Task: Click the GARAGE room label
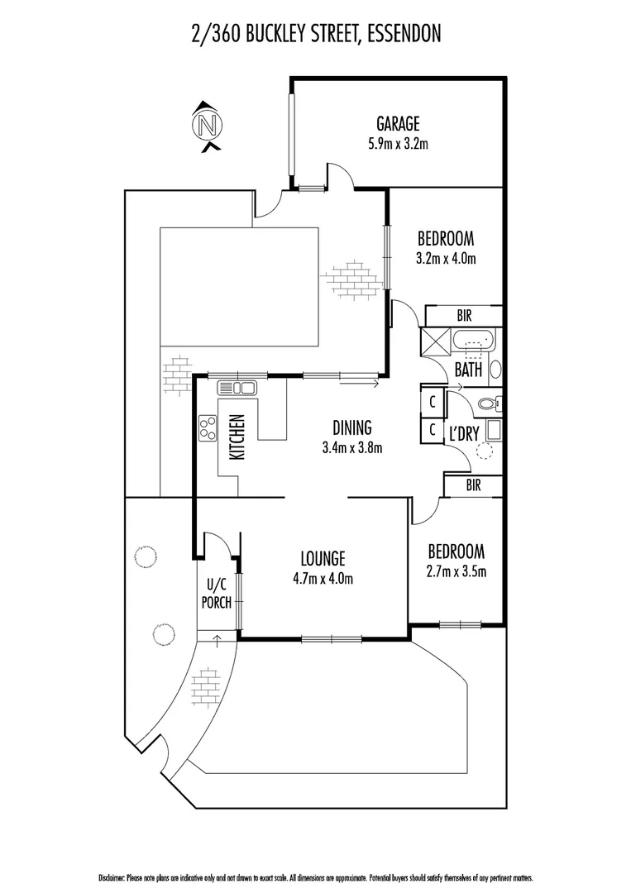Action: (398, 124)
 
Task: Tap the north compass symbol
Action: (208, 127)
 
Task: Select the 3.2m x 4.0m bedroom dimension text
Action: (445, 258)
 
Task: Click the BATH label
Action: (468, 370)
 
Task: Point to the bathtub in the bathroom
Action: (472, 341)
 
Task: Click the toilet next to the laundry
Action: (489, 404)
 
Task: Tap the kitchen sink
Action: (237, 387)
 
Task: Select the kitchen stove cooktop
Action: (207, 427)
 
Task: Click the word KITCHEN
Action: (237, 437)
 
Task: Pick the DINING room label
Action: (352, 428)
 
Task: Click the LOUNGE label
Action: (323, 558)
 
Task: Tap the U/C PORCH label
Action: (215, 593)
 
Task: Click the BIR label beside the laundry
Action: (473, 486)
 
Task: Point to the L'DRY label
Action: (464, 433)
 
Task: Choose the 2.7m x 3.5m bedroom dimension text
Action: (456, 571)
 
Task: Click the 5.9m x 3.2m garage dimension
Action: (398, 143)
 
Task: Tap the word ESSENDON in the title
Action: (403, 34)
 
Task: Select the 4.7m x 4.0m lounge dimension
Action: (323, 578)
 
